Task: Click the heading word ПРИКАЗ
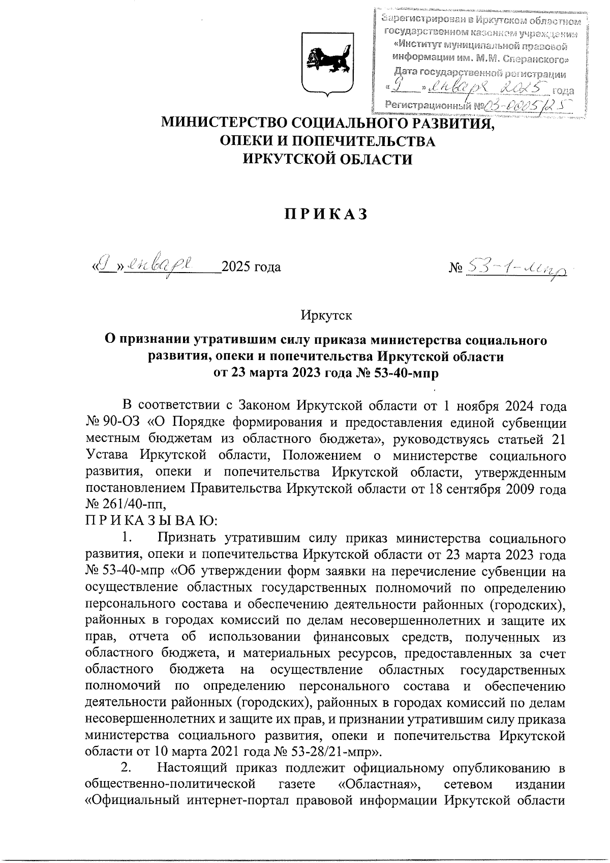(x=325, y=215)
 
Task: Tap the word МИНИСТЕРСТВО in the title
(x=219, y=123)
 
